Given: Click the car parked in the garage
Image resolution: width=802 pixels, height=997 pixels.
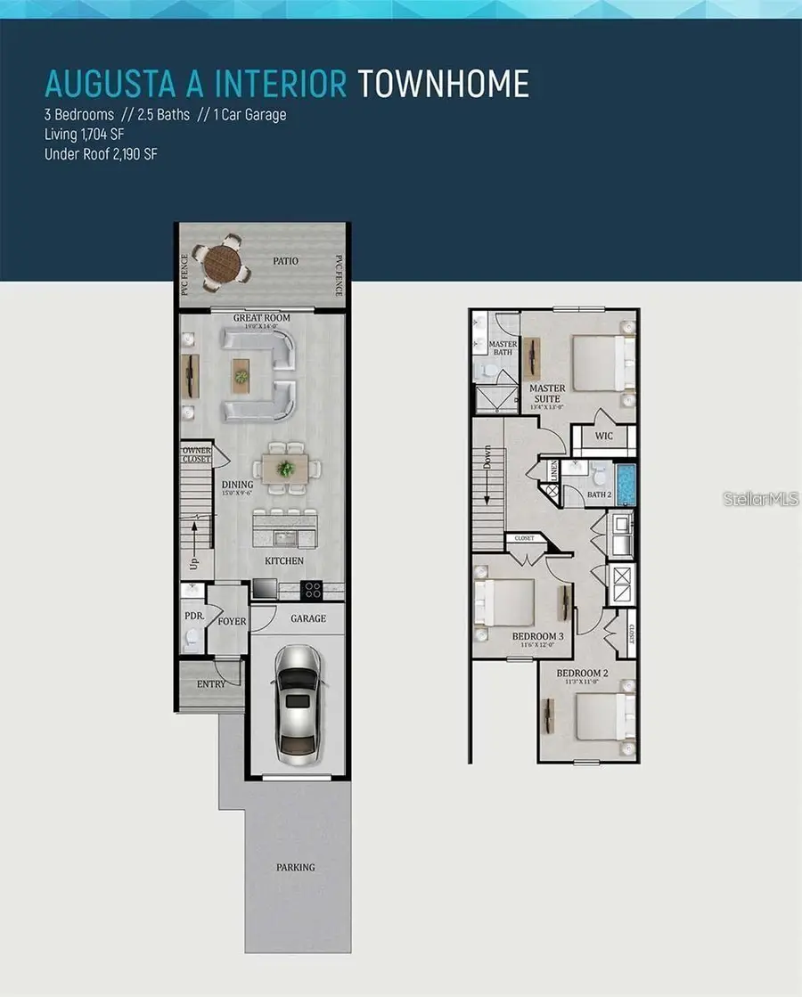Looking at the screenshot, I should [297, 699].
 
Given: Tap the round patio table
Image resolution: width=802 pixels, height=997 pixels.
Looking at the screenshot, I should [221, 262].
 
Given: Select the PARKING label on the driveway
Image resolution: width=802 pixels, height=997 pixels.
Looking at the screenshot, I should [295, 867].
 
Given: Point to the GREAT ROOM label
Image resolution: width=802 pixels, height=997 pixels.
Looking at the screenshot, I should [262, 318].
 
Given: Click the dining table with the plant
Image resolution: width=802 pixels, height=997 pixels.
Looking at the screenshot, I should [284, 467].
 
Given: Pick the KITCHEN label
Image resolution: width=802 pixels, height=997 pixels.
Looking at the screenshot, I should [283, 561].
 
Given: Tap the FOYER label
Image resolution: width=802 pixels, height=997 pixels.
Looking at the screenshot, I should [232, 621].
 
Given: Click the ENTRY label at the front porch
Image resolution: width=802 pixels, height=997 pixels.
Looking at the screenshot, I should [211, 682].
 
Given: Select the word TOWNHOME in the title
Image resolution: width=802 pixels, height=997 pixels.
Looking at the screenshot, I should [443, 84].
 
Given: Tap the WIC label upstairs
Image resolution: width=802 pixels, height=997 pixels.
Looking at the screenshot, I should [603, 437].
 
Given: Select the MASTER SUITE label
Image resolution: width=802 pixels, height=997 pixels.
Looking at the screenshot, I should [547, 394].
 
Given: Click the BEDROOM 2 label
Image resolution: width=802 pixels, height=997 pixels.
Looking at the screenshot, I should [582, 674].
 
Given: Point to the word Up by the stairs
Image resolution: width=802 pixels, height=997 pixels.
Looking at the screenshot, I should [193, 564].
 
